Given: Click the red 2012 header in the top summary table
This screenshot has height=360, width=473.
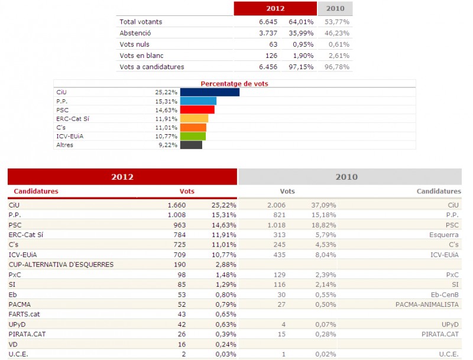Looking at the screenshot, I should pyautogui.click(x=275, y=8).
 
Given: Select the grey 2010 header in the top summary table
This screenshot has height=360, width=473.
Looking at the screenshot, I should pyautogui.click(x=335, y=8).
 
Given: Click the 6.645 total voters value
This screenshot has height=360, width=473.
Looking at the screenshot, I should pyautogui.click(x=261, y=22).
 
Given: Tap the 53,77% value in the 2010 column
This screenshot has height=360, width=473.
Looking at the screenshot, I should pyautogui.click(x=337, y=22).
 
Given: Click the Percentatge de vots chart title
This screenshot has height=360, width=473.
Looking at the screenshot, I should pyautogui.click(x=234, y=84).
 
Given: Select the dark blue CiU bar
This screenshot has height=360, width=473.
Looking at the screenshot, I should pyautogui.click(x=209, y=92).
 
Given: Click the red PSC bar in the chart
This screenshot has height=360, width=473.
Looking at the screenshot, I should pyautogui.click(x=197, y=109).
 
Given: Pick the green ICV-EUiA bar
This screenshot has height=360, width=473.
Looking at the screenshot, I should pyautogui.click(x=193, y=136).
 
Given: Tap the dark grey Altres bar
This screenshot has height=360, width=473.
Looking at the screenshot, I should pyautogui.click(x=191, y=145).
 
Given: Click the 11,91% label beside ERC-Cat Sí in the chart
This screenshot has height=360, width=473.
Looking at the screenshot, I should pyautogui.click(x=166, y=118).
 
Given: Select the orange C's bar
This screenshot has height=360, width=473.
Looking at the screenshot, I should pyautogui.click(x=193, y=127).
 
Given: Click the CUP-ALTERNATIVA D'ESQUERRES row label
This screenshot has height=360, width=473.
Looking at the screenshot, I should pyautogui.click(x=61, y=264).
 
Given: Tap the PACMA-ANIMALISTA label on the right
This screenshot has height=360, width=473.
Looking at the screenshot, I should pyautogui.click(x=427, y=304).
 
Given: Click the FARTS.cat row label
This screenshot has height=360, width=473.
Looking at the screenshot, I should pyautogui.click(x=25, y=314).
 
